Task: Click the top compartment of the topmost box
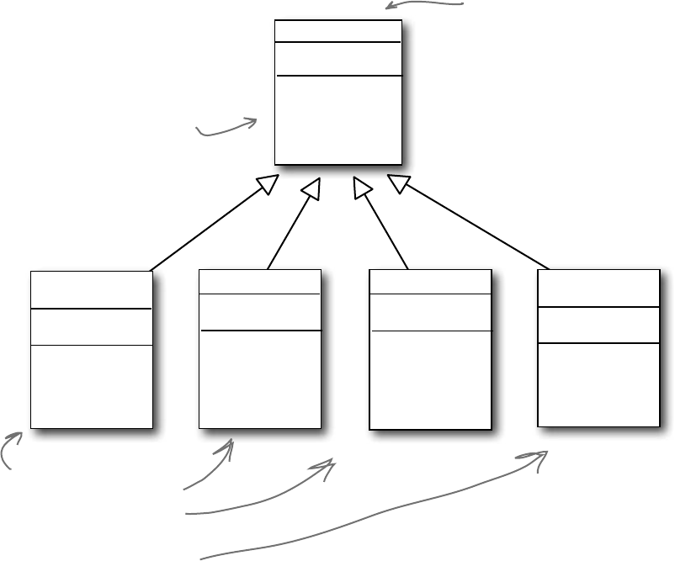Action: (x=337, y=31)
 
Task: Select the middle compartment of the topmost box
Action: (x=337, y=58)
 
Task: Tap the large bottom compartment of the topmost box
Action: (x=337, y=119)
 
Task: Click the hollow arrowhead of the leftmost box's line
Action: (x=268, y=183)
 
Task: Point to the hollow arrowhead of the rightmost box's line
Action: (x=398, y=183)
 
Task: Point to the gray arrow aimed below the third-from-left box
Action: (x=261, y=501)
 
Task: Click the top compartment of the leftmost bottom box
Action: (x=91, y=290)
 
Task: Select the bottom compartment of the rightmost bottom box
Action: (x=598, y=384)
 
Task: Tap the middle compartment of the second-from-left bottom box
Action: (x=259, y=312)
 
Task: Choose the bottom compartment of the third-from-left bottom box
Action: (x=430, y=379)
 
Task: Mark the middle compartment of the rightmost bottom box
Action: (x=598, y=325)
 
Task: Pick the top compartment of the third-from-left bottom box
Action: (x=430, y=282)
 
